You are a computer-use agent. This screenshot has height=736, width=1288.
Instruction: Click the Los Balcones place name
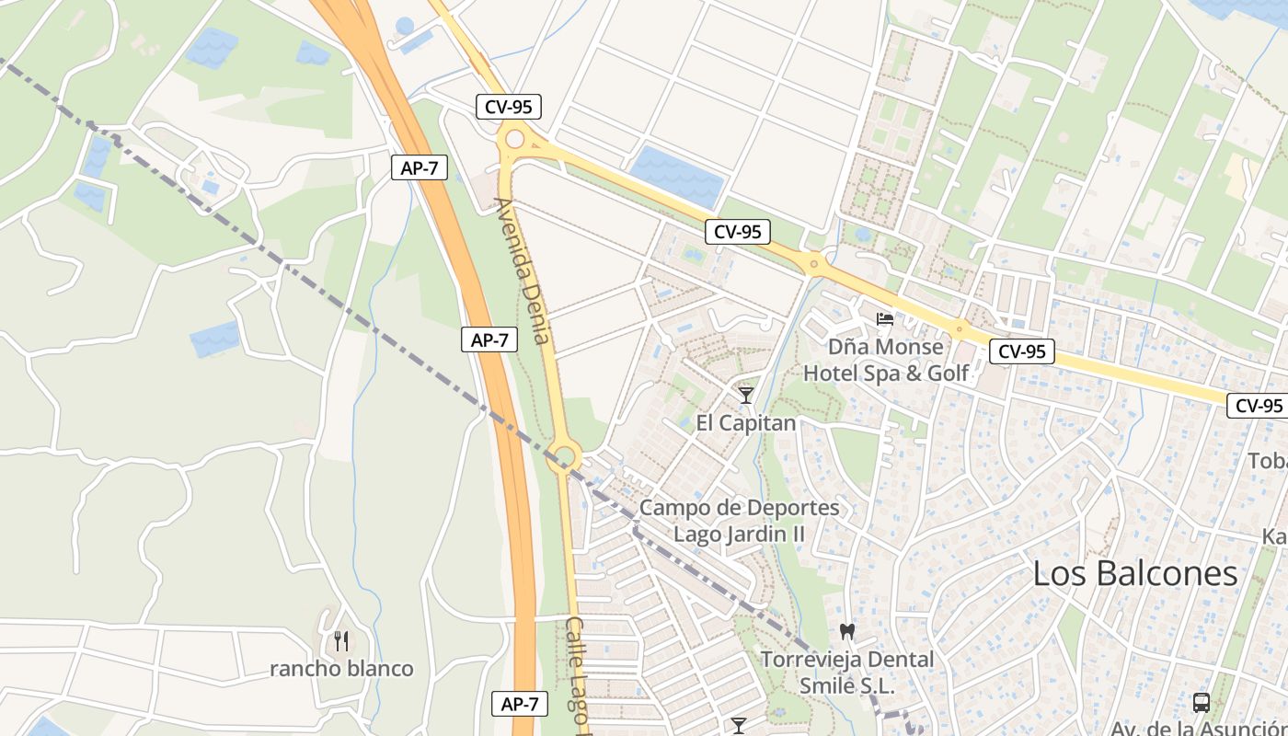pos(1135,573)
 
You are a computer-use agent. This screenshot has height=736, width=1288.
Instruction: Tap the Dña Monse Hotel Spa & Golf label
pos(886,360)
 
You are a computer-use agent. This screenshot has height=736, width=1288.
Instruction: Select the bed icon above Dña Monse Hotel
pos(885,319)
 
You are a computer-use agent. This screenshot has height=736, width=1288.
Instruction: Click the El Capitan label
pos(745,423)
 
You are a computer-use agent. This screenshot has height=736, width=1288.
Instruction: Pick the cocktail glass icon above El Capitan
pos(745,396)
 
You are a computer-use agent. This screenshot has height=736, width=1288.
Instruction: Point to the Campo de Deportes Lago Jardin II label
pos(740,521)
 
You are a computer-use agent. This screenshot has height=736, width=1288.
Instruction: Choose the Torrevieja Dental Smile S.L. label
pos(846,673)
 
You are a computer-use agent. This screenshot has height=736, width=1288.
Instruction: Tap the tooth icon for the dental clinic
pos(847,632)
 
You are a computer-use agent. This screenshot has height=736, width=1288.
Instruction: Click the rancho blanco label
pos(341,669)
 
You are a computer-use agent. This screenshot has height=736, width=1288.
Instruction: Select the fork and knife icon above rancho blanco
pos(341,640)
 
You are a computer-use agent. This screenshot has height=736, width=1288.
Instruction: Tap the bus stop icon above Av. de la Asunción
pos(1201,703)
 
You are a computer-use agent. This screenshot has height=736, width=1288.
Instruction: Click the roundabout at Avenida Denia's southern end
pos(563,454)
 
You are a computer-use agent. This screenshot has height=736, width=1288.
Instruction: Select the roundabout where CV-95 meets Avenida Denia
pos(514,139)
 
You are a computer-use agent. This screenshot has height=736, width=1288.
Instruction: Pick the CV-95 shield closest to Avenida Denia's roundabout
pos(509,107)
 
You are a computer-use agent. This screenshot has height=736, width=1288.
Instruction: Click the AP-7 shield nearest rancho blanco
pos(520,705)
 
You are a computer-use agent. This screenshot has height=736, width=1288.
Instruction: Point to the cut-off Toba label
pos(1267,460)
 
